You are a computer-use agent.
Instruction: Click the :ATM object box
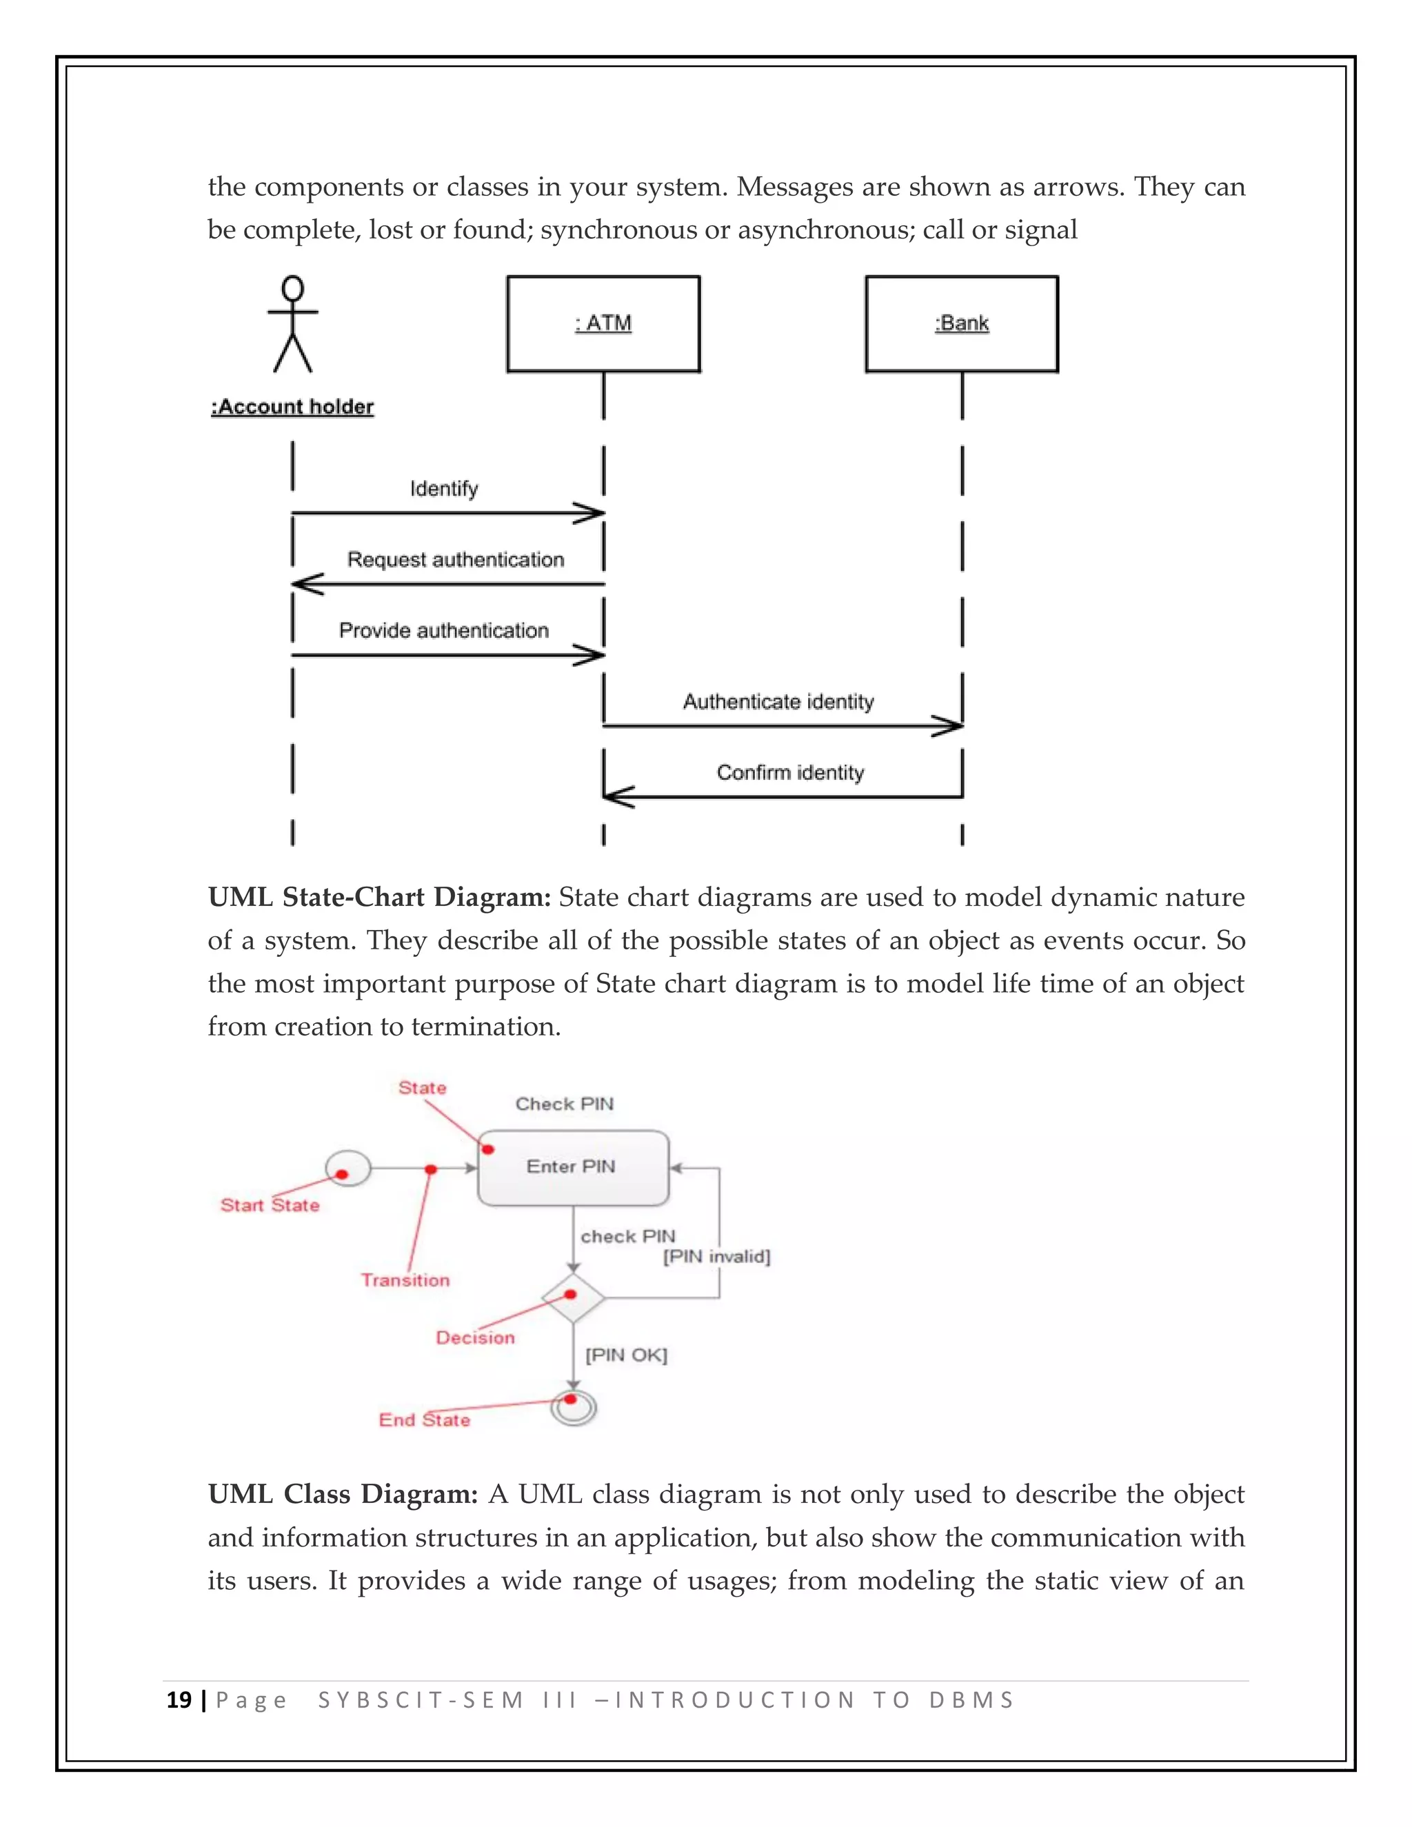pyautogui.click(x=603, y=324)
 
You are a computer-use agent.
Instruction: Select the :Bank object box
pyautogui.click(x=962, y=324)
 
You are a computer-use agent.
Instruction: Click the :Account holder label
pyautogui.click(x=292, y=407)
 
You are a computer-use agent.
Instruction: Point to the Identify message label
pyautogui.click(x=443, y=489)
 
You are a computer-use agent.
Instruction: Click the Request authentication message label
pyautogui.click(x=456, y=559)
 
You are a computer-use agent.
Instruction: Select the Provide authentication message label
pyautogui.click(x=443, y=630)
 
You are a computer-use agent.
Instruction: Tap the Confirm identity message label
pyautogui.click(x=789, y=772)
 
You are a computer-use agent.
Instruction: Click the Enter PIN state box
pyautogui.click(x=573, y=1168)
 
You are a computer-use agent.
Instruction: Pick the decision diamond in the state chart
pyautogui.click(x=573, y=1298)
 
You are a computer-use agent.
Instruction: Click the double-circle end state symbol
pyautogui.click(x=574, y=1409)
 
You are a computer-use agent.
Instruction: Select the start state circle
pyautogui.click(x=347, y=1168)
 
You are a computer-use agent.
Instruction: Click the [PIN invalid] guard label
pyautogui.click(x=717, y=1256)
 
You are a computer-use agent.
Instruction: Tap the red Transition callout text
pyautogui.click(x=405, y=1280)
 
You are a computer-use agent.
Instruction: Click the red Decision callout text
pyautogui.click(x=475, y=1338)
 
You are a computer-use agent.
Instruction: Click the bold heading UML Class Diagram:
pyautogui.click(x=342, y=1494)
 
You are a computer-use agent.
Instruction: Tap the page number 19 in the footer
pyautogui.click(x=179, y=1700)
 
